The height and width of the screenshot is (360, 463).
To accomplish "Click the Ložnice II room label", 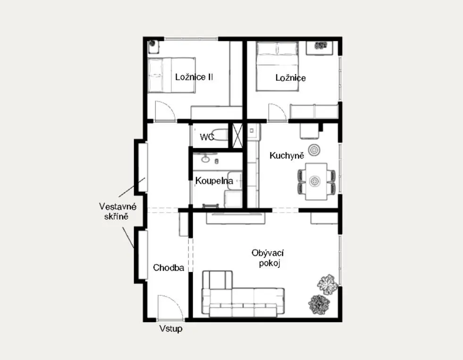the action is coord(194,77).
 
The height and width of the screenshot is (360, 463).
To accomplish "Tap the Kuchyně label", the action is coord(286,155).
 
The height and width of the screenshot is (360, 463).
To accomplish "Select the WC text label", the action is coord(207,137).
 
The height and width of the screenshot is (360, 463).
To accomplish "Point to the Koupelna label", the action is coord(214,180).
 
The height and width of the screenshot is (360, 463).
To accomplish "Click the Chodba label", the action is coord(168,268).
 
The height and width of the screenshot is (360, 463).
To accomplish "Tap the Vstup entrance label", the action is coord(171,329).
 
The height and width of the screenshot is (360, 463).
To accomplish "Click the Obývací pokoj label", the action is coord(268,258).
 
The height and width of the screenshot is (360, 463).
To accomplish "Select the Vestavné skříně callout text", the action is coord(118,211).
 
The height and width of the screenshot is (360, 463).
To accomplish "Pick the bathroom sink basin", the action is coord(205,159).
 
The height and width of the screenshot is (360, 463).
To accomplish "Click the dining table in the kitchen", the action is coord(316,181).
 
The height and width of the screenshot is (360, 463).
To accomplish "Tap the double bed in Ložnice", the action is coord(277,66).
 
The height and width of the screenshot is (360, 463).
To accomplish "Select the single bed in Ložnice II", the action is coord(171,76).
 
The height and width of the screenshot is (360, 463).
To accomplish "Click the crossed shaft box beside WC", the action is coord(237,136).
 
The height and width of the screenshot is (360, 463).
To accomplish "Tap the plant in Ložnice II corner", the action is coord(152,43).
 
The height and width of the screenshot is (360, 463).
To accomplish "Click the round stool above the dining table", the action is coord(314,150).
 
